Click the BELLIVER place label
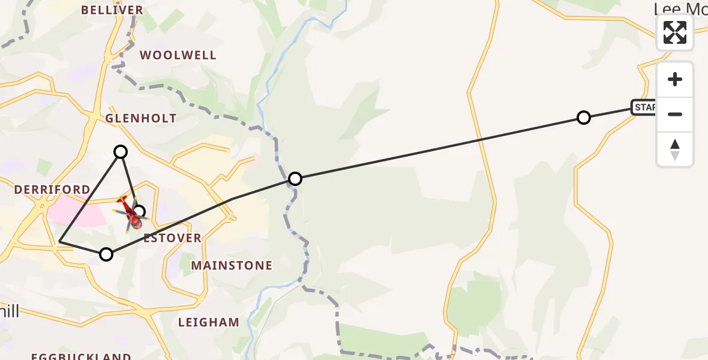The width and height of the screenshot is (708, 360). click(112, 10)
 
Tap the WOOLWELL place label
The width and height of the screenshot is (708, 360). click(178, 55)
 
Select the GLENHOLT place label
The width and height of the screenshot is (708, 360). click(141, 118)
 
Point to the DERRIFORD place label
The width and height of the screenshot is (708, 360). click(52, 190)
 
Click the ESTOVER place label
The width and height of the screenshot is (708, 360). click(173, 238)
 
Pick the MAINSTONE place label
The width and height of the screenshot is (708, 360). click(232, 265)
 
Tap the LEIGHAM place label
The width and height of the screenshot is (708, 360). click(209, 322)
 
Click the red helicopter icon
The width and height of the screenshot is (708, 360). click(131, 214)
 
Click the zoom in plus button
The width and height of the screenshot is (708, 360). click(675, 79)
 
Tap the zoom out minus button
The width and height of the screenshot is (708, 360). click(675, 114)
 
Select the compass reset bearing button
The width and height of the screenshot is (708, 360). click(675, 149)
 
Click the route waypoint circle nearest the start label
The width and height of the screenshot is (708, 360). click(583, 118)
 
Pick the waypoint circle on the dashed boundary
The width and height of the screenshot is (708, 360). click(295, 179)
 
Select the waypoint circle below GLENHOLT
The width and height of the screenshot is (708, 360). click(121, 152)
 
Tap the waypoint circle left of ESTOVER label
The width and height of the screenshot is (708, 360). click(106, 254)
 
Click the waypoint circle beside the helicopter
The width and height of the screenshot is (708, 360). click(140, 211)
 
